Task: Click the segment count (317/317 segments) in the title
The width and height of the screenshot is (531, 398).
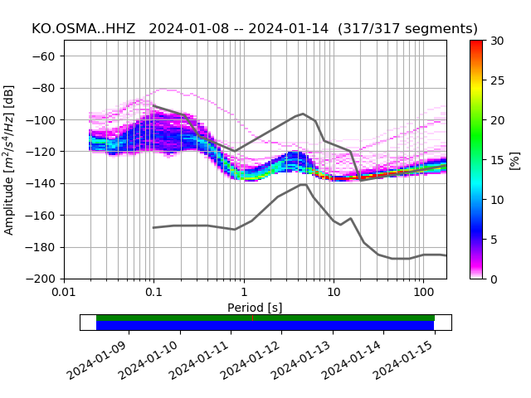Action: tap(412, 29)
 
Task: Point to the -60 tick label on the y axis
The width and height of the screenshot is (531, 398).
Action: tap(46, 56)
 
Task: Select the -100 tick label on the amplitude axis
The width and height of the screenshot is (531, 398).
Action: tap(44, 120)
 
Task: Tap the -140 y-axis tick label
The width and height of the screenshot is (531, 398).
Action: tap(44, 183)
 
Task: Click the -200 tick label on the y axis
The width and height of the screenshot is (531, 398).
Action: tap(44, 279)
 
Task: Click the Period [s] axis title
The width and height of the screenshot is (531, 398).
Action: tap(255, 308)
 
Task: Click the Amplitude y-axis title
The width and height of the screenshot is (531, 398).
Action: tap(9, 159)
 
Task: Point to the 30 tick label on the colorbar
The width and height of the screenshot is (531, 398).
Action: tap(496, 41)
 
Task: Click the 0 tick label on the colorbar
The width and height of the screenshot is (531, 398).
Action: tap(494, 279)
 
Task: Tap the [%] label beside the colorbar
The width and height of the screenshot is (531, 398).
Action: tap(515, 159)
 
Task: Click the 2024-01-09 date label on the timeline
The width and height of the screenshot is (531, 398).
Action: tap(98, 360)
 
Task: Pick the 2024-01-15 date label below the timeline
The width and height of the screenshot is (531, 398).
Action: tap(404, 360)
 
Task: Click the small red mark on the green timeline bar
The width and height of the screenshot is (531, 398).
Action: tap(252, 318)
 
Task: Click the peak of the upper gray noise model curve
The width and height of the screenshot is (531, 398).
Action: tap(303, 114)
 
